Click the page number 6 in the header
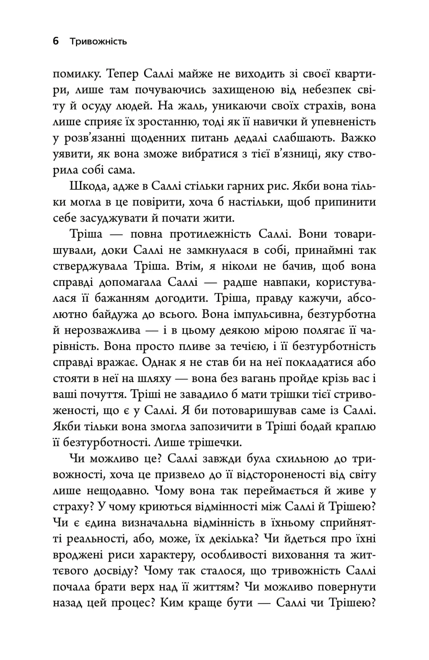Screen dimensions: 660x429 (56, 41)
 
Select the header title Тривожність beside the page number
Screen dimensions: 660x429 (98, 41)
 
